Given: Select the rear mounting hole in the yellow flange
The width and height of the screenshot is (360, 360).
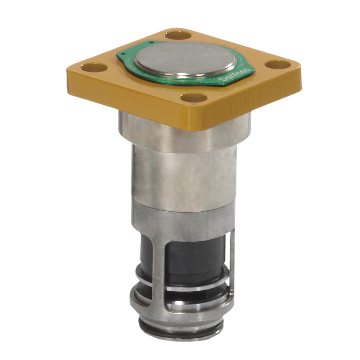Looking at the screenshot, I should pos(178,35).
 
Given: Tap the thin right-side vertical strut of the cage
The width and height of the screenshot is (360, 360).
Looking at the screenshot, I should pos(232,263).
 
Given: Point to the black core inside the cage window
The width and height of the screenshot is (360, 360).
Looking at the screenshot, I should pos(193,257).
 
